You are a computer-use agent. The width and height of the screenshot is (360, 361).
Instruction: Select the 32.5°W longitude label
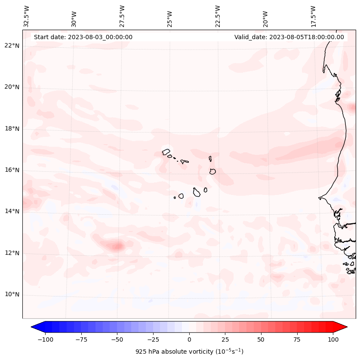[x=27, y=16]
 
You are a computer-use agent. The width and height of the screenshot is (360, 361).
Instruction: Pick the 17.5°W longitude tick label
[x=313, y=16]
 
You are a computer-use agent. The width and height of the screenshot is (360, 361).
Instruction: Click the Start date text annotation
[x=83, y=37]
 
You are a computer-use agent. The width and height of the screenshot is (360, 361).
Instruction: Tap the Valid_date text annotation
[x=289, y=37]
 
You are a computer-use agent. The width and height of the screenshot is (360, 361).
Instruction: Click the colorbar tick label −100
[x=45, y=339]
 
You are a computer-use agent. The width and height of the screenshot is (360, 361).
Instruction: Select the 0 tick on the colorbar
[x=189, y=339]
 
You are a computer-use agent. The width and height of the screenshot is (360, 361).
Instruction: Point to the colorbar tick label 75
[x=297, y=339]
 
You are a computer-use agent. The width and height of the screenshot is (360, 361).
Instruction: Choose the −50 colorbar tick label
[x=117, y=339]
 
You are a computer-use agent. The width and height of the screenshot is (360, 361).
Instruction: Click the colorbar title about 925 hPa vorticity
[x=189, y=352]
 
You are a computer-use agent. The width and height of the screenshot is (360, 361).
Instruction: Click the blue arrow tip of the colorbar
[x=36, y=327]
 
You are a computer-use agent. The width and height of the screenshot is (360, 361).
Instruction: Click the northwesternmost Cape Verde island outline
[x=166, y=151]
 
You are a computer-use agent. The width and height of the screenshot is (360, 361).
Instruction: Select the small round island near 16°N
[x=212, y=171]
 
